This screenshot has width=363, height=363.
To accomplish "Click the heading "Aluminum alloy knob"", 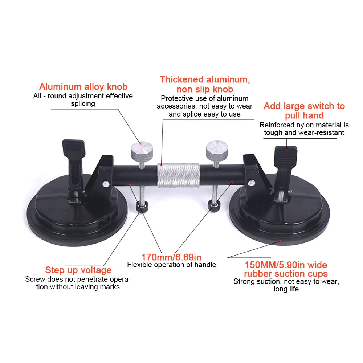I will (x=83, y=87).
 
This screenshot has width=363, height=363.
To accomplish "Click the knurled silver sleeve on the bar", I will (x=178, y=175).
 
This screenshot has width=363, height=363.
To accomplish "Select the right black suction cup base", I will (x=280, y=218).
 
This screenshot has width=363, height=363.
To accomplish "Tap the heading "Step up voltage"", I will (x=78, y=270).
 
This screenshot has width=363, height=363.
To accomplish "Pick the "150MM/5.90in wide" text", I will (x=286, y=265).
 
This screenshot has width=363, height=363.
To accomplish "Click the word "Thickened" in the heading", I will (x=182, y=79).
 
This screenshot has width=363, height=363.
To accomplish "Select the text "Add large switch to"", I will (x=304, y=106).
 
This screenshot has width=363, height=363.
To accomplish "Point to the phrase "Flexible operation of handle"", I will (x=171, y=265).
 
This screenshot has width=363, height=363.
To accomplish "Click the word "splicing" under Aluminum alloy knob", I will (x=83, y=104).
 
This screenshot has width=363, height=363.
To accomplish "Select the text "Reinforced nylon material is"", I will (x=304, y=125).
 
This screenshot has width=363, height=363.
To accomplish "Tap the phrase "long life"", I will (x=286, y=289).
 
